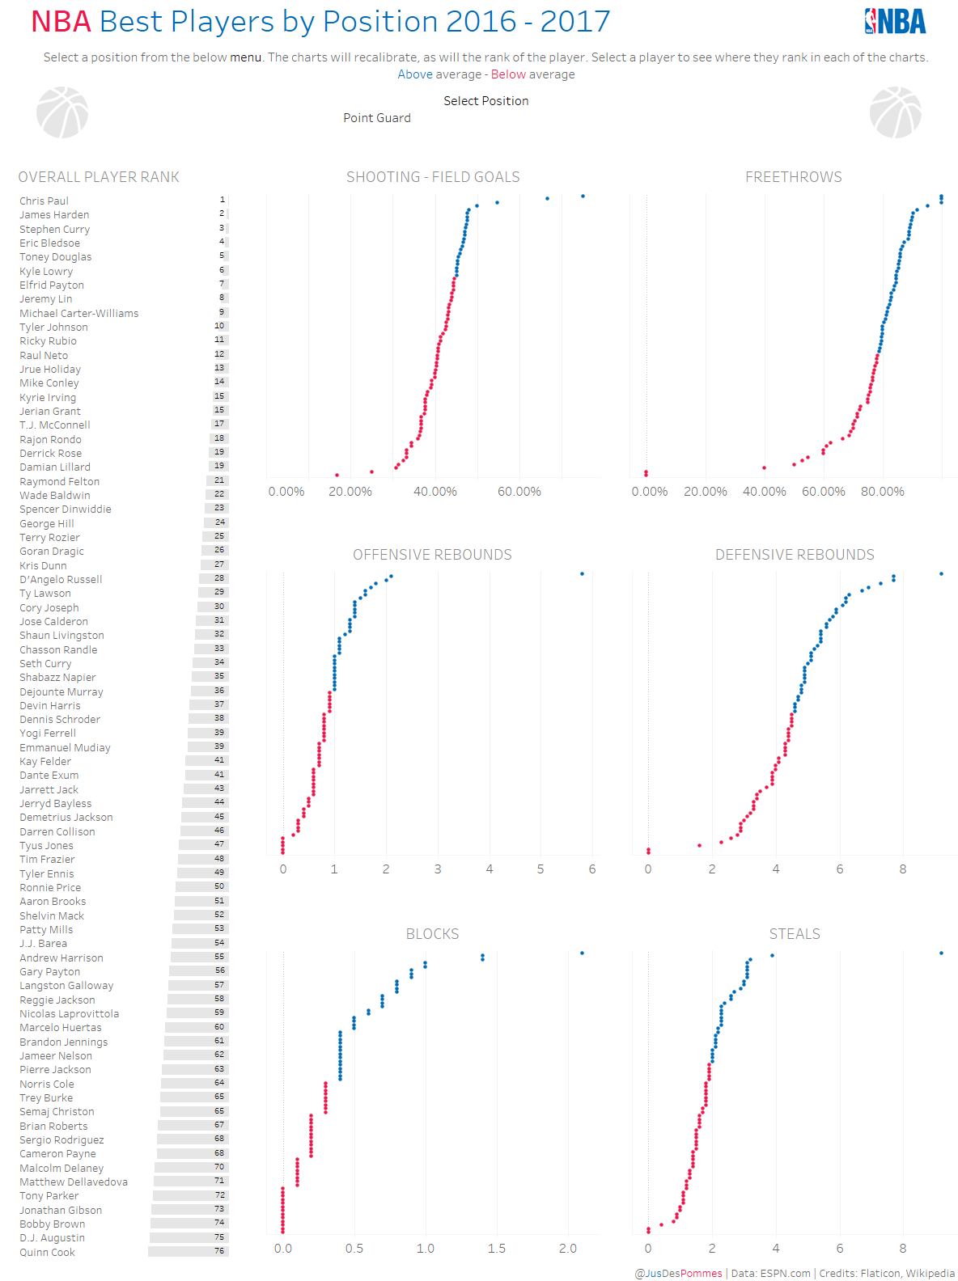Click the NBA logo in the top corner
[x=895, y=21]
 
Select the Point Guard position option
[x=376, y=118]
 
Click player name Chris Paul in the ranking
[x=44, y=201]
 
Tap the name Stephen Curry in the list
[x=54, y=229]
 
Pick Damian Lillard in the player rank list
[x=55, y=467]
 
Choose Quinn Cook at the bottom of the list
[x=47, y=1252]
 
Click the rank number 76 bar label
[x=219, y=1250]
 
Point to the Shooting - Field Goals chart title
[x=433, y=177]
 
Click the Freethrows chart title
[x=793, y=177]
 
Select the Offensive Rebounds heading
[x=432, y=555]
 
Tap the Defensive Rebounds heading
[x=795, y=555]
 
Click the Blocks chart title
[x=432, y=934]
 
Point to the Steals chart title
[x=795, y=934]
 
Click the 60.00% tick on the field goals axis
[x=519, y=492]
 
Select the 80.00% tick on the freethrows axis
[x=882, y=492]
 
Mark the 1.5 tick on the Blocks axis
[x=496, y=1249]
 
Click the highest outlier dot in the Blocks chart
[x=582, y=953]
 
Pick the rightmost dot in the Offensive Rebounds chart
[x=582, y=573]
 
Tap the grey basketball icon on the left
[x=62, y=112]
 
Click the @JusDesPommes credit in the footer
[x=678, y=1273]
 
